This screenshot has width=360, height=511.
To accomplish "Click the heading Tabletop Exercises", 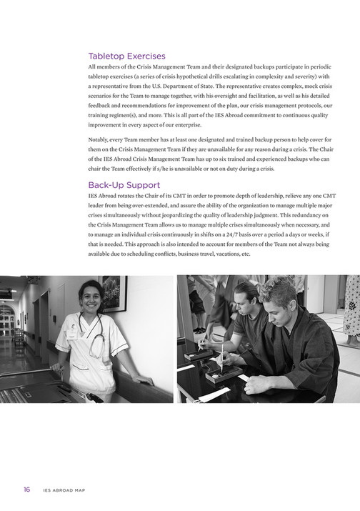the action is click(x=126, y=56).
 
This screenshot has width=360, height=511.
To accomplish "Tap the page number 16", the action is click(x=26, y=490).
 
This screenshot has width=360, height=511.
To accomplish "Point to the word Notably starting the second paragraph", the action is click(x=99, y=139).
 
